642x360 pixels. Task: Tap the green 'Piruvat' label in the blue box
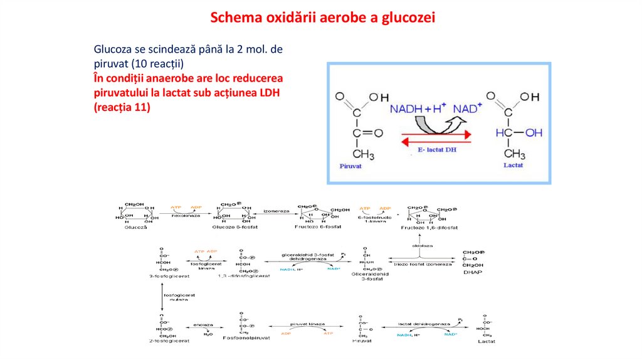pos(351,166)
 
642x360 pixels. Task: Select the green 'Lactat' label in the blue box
pos(513,166)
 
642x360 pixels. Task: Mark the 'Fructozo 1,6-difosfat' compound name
pos(426,228)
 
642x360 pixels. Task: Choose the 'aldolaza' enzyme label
pos(419,246)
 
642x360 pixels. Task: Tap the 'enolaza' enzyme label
pos(203,325)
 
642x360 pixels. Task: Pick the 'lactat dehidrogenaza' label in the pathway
pos(424,324)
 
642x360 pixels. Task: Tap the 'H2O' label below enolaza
pos(208,335)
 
